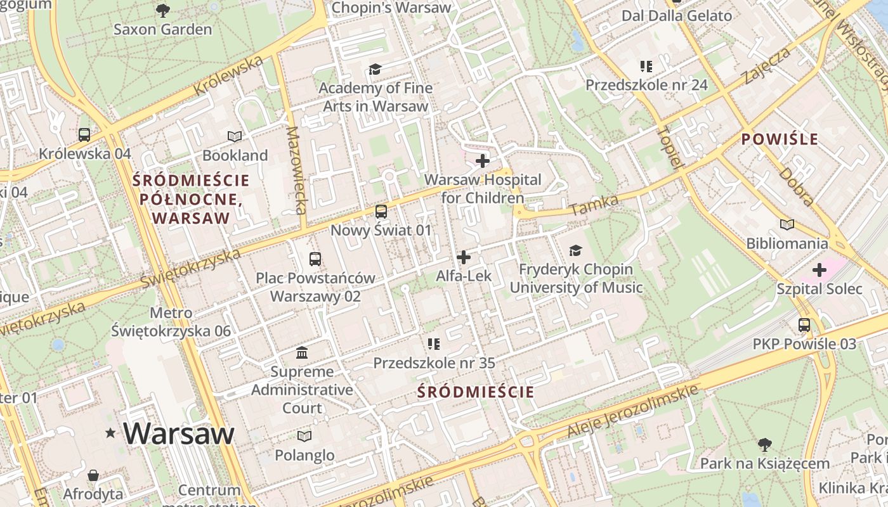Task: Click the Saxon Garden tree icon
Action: [163, 10]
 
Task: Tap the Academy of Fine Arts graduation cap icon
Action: [375, 69]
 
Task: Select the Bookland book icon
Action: [235, 136]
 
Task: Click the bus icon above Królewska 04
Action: [84, 134]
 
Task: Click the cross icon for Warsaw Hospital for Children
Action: [483, 161]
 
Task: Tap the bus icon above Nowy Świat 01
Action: [381, 212]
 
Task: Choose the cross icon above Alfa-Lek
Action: [464, 257]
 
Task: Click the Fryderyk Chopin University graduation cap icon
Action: [575, 251]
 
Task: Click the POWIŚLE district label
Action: [780, 139]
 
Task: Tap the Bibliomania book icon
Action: [787, 224]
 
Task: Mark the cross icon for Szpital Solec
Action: [819, 271]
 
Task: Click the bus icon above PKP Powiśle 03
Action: [804, 325]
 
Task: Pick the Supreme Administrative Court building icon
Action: [302, 352]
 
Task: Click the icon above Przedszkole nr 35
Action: [434, 344]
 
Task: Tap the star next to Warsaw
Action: [111, 433]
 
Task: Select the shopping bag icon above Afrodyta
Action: [93, 475]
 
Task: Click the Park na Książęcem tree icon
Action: [764, 445]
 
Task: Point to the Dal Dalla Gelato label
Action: [677, 16]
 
